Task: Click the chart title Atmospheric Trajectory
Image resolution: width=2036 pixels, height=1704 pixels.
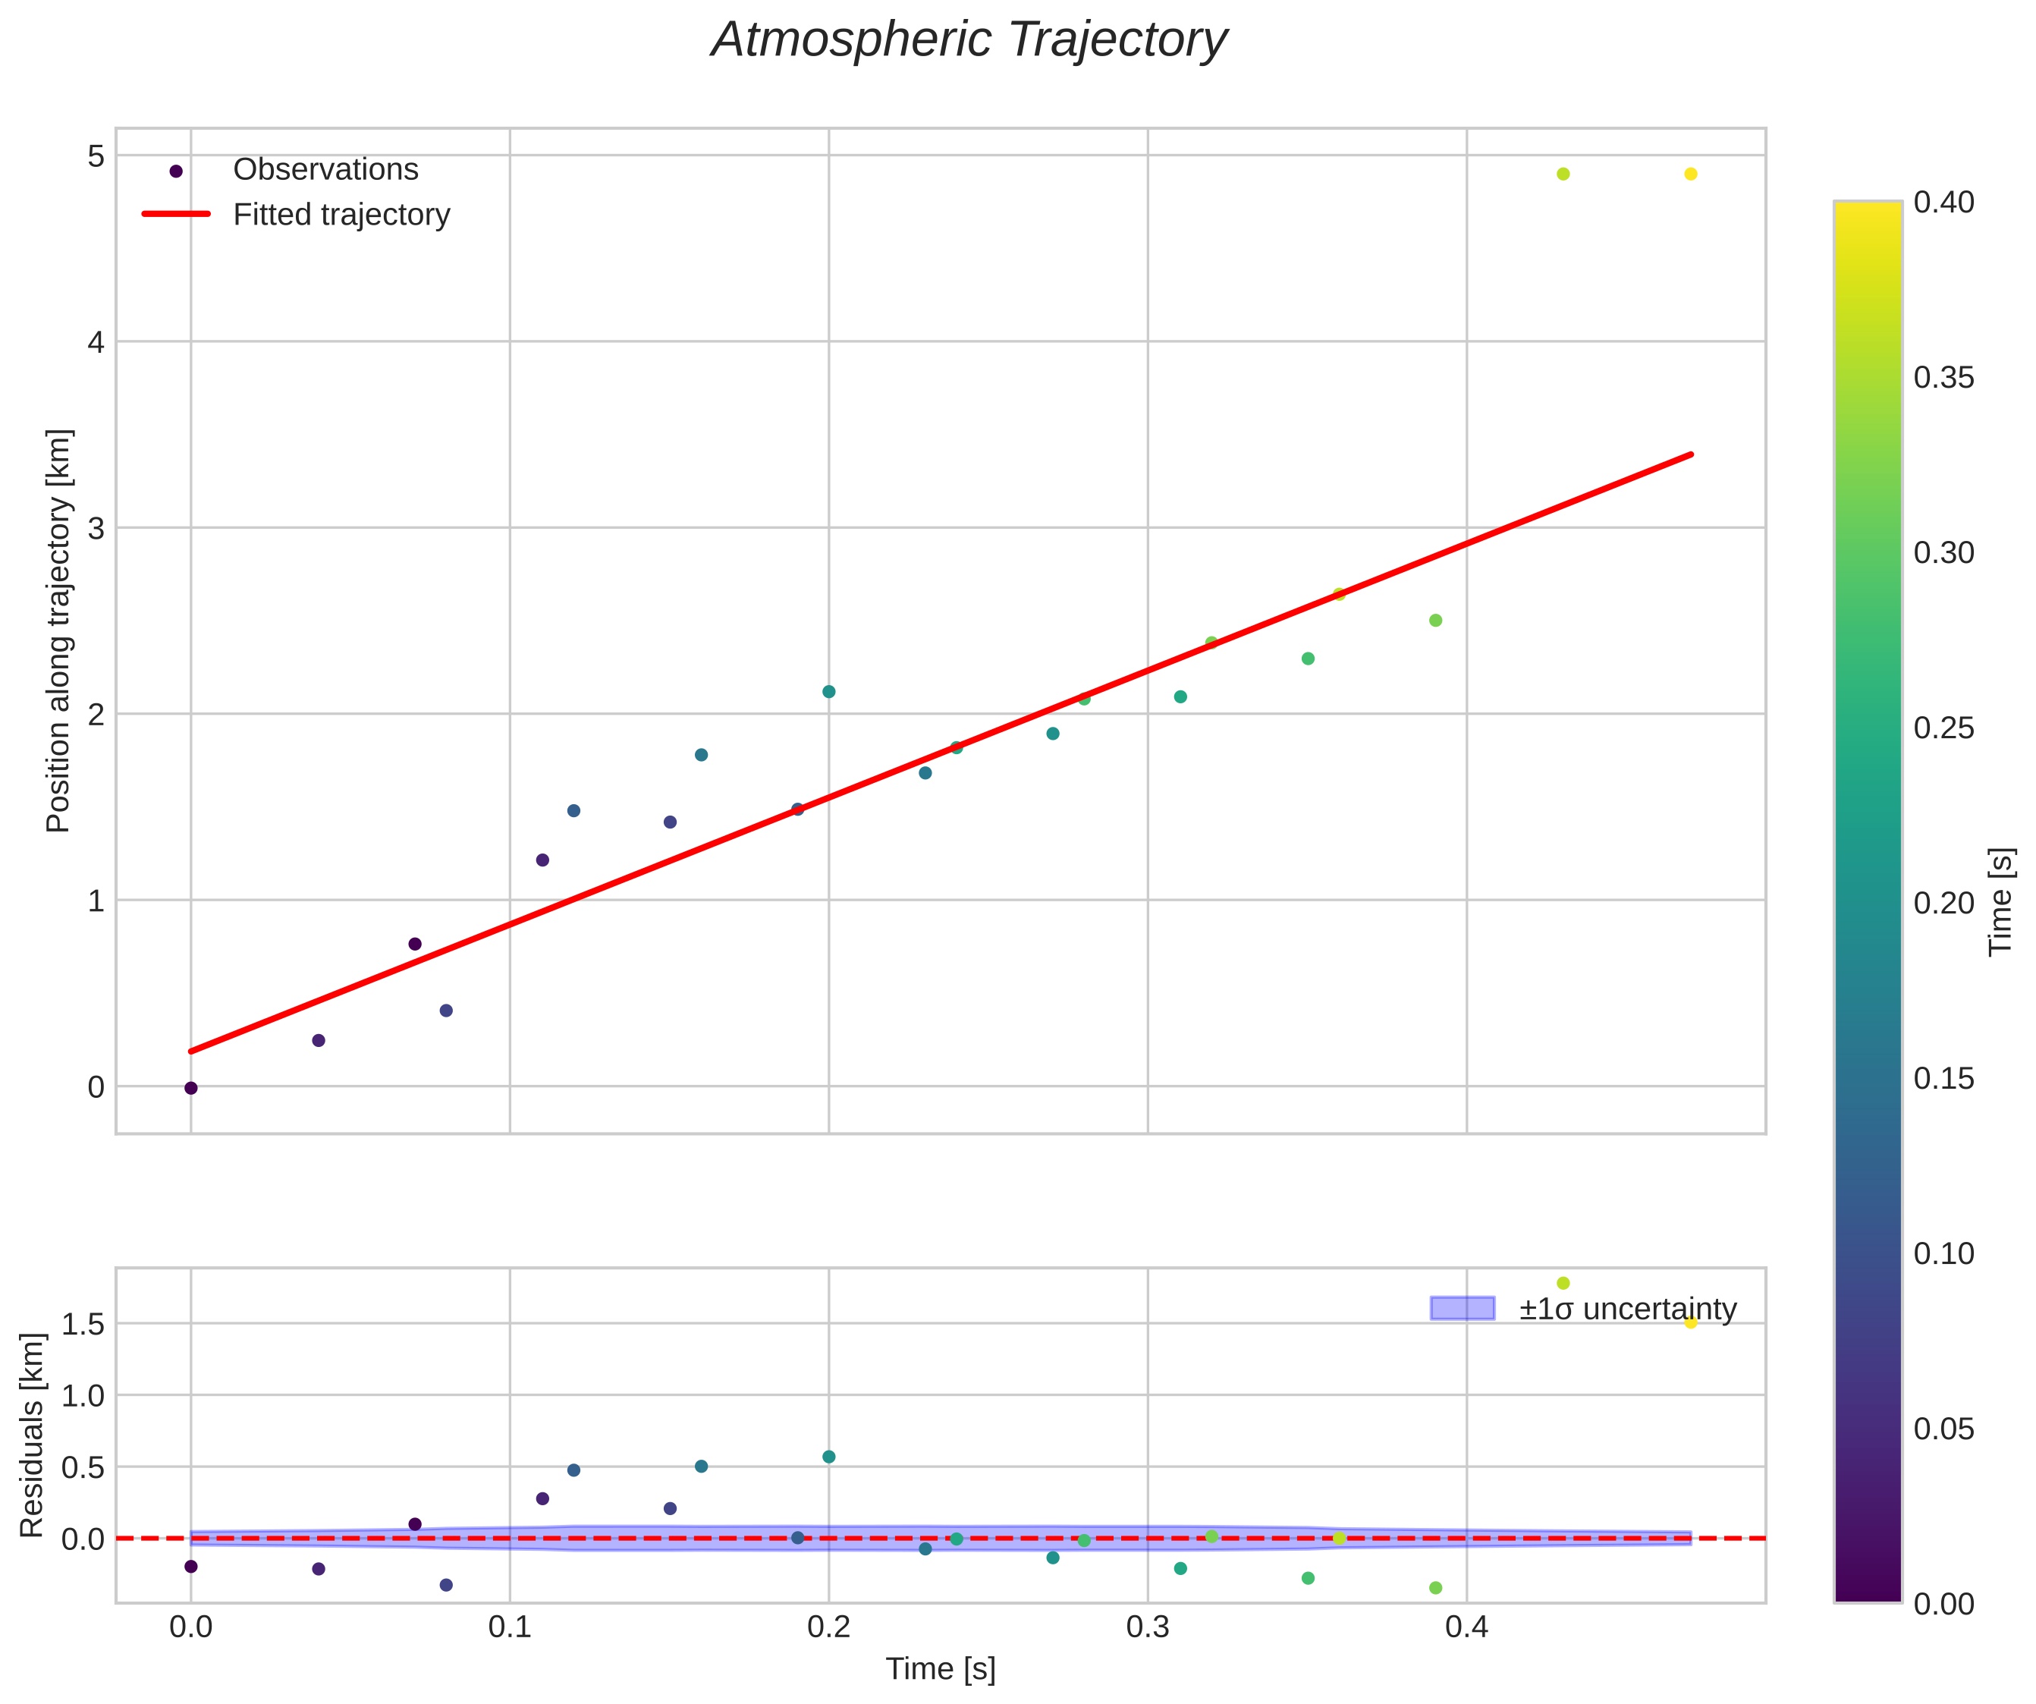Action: tap(969, 41)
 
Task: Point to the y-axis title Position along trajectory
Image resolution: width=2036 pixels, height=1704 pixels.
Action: tap(59, 630)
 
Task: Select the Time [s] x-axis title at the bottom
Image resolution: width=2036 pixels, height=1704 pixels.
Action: tap(941, 1668)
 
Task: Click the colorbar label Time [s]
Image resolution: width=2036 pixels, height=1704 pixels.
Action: tap(2000, 902)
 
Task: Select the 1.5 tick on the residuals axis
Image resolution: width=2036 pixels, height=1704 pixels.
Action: tap(83, 1324)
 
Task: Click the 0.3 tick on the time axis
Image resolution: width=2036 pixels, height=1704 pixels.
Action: tap(1148, 1627)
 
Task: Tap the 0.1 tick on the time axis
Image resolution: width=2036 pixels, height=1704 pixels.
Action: tap(510, 1627)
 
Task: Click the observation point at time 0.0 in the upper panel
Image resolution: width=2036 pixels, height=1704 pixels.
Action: tap(191, 1088)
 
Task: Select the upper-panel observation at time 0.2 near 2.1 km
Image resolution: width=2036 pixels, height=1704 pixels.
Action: tap(829, 691)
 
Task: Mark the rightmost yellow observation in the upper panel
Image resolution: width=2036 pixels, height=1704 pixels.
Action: tap(1691, 174)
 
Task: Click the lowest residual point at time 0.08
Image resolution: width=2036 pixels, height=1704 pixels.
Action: tap(446, 1585)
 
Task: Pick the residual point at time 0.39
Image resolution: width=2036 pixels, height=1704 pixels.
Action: tap(1436, 1588)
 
